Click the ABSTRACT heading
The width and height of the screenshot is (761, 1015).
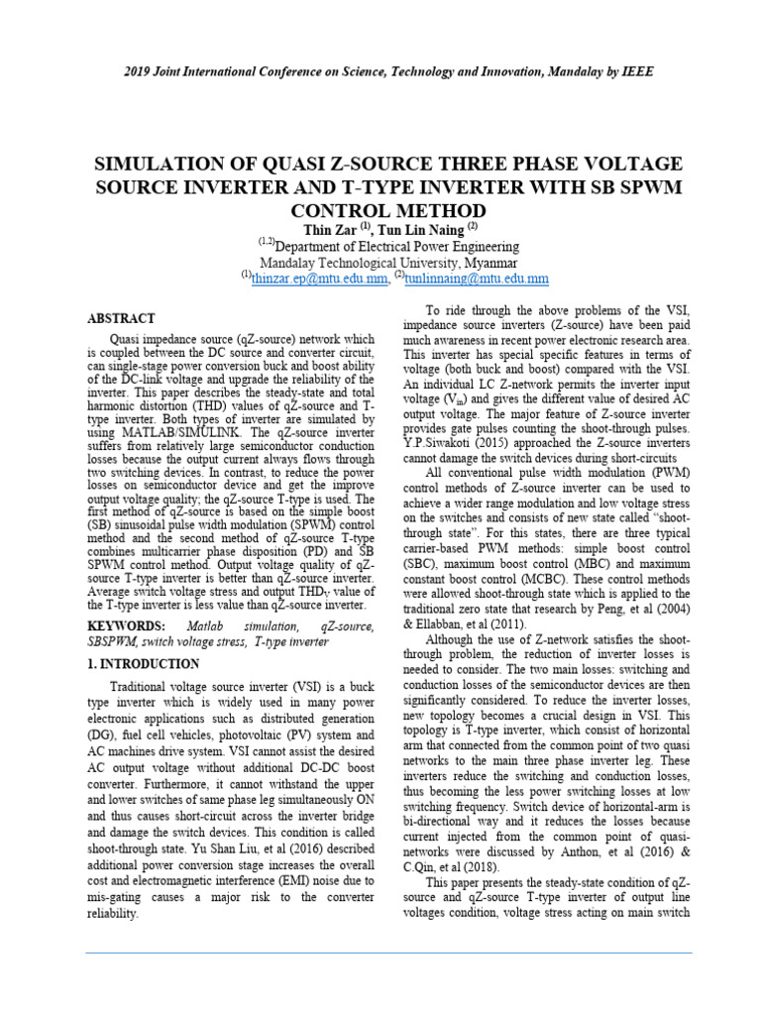[121, 318]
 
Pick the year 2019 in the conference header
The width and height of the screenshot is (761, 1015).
[140, 72]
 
